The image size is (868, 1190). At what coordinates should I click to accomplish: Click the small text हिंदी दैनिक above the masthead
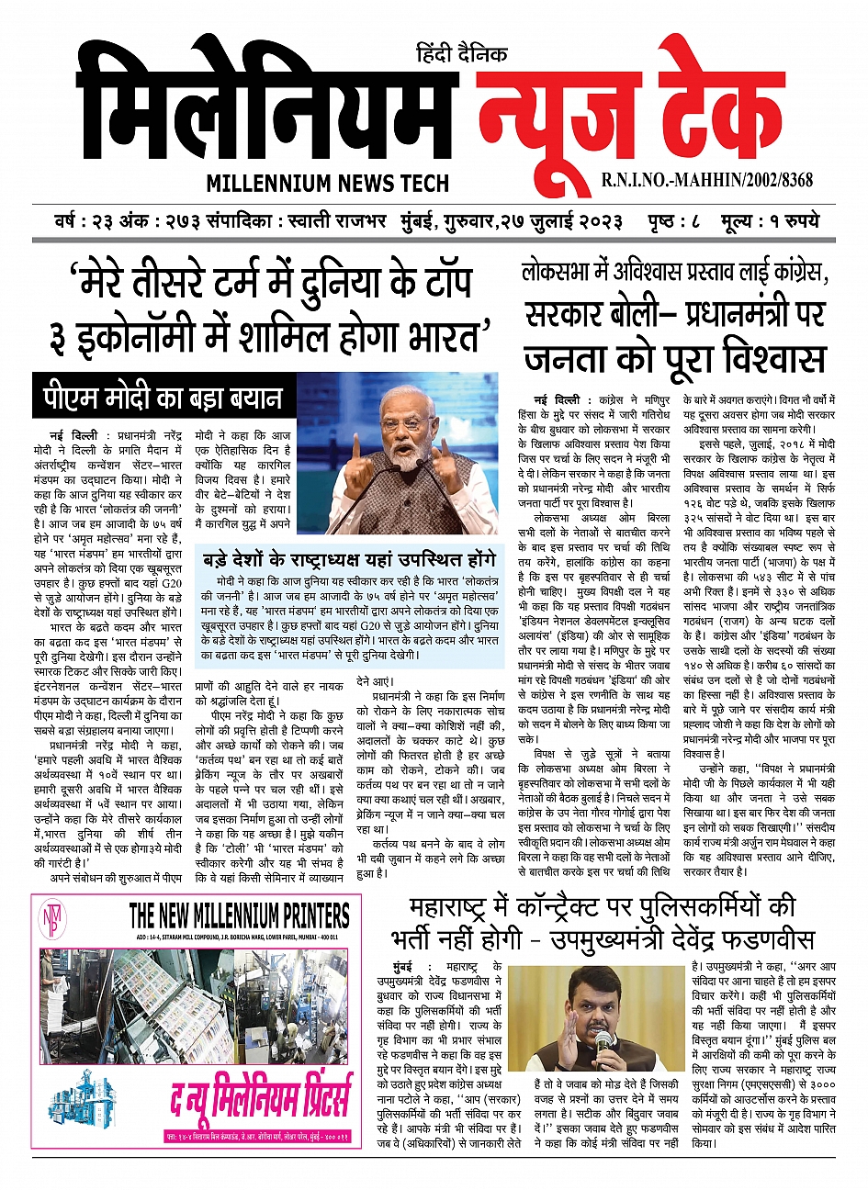point(460,54)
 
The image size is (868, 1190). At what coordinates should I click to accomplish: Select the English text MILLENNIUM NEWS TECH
point(327,183)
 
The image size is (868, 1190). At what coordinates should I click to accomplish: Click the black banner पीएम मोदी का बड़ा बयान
point(163,397)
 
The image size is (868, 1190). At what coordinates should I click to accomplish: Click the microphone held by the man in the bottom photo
point(603,1041)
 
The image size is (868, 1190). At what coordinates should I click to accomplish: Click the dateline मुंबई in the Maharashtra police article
point(392,967)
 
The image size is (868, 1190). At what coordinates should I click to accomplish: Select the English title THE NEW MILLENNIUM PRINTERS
point(239,915)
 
